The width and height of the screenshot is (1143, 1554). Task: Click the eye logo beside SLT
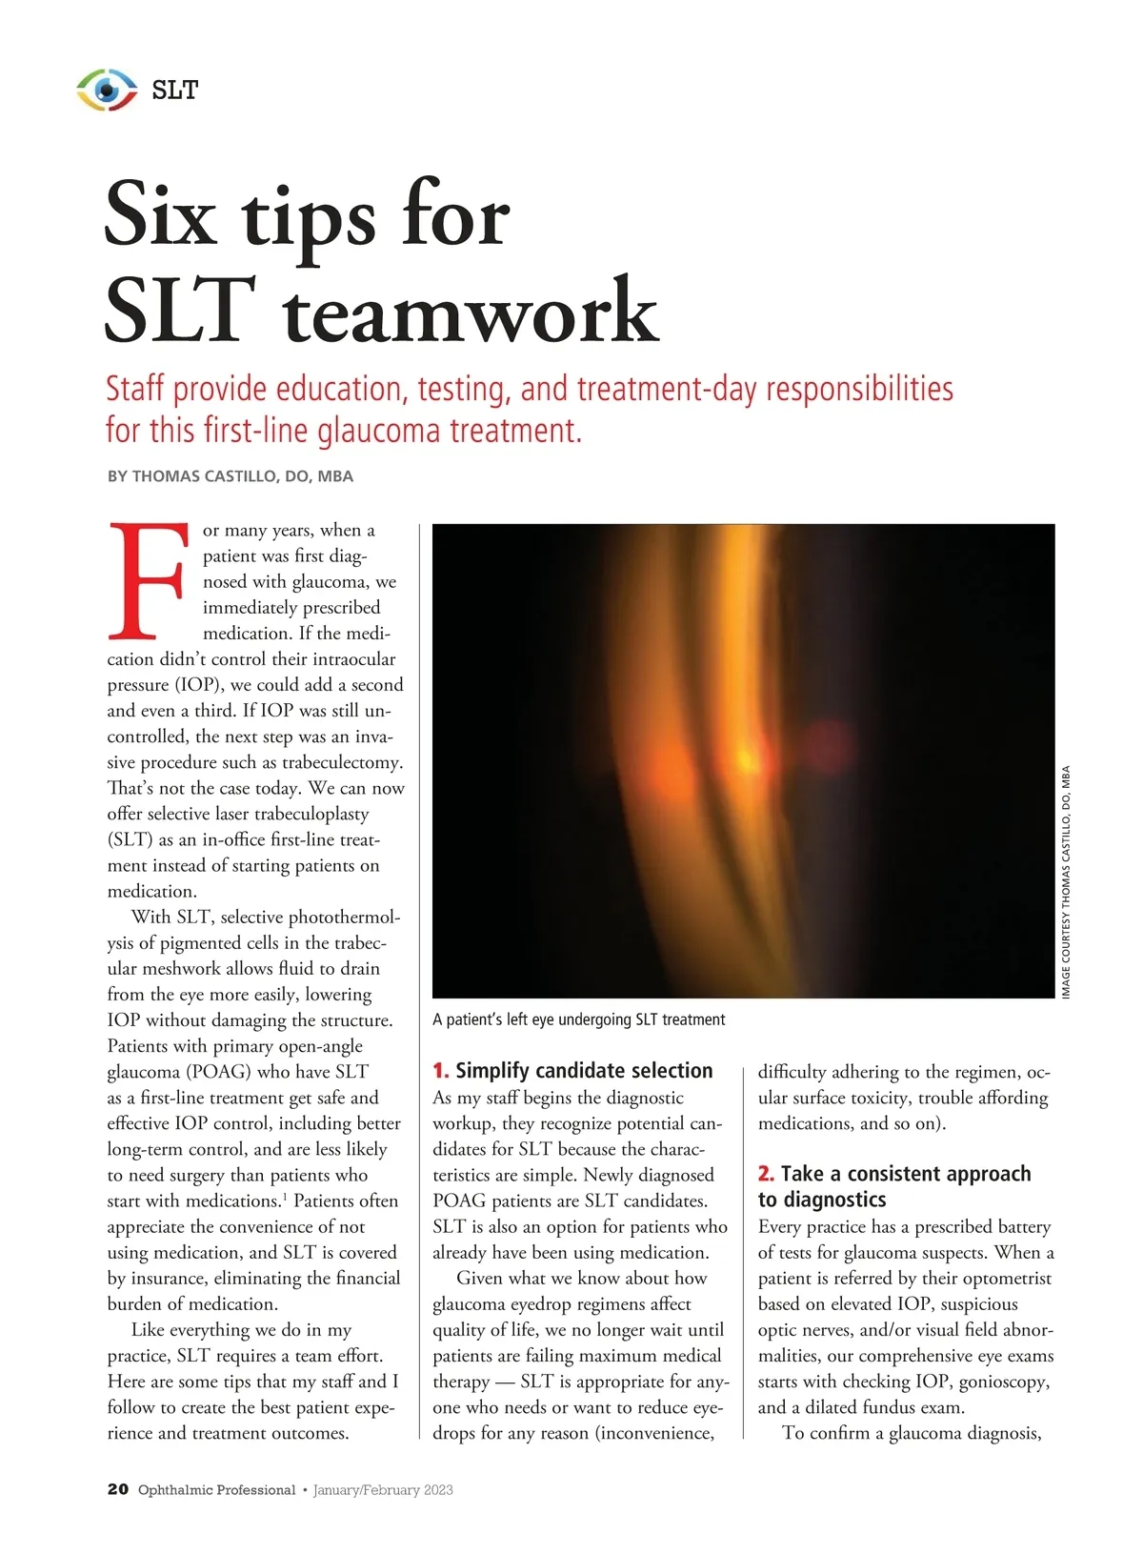pyautogui.click(x=107, y=90)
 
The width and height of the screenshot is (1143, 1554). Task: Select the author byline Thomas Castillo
pyautogui.click(x=230, y=476)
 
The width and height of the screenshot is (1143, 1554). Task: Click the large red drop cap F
pyautogui.click(x=148, y=580)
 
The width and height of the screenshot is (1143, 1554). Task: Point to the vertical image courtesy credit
pyautogui.click(x=1066, y=881)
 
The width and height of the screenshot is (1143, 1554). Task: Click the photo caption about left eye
pyautogui.click(x=578, y=1019)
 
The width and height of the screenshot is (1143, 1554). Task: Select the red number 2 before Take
pyautogui.click(x=765, y=1174)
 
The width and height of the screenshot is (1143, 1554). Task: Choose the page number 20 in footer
pyautogui.click(x=117, y=1489)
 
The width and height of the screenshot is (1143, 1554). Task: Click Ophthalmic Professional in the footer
pyautogui.click(x=216, y=1490)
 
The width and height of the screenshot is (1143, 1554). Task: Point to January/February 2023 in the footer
pyautogui.click(x=383, y=1490)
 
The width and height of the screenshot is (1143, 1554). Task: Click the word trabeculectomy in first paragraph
pyautogui.click(x=342, y=762)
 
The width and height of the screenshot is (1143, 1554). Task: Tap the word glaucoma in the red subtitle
pyautogui.click(x=381, y=431)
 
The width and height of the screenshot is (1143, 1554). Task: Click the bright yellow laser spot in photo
pyautogui.click(x=746, y=759)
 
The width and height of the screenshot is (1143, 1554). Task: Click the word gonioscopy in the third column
pyautogui.click(x=1004, y=1382)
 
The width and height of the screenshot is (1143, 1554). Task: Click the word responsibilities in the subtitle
pyautogui.click(x=859, y=389)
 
